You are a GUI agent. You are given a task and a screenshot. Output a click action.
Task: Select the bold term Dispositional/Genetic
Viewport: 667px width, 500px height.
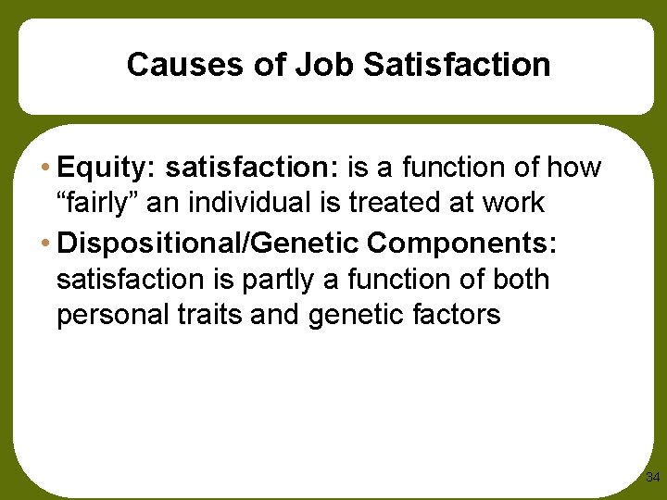[208, 243]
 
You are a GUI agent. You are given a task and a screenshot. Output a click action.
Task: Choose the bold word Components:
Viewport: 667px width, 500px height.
[462, 243]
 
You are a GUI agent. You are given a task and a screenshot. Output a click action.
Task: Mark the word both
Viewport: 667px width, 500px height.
[522, 279]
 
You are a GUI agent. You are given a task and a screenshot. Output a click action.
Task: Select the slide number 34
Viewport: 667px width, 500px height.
[652, 478]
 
